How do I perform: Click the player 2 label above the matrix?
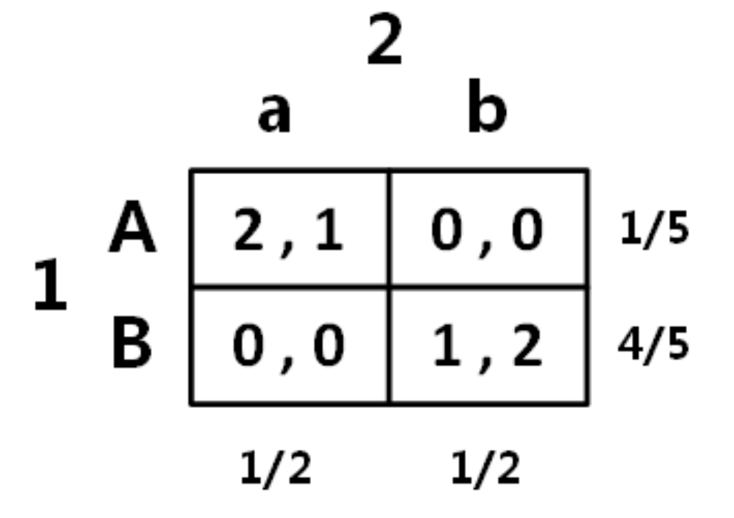[384, 41]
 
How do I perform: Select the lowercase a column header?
[274, 114]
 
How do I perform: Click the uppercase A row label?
[132, 230]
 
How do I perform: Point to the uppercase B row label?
[132, 344]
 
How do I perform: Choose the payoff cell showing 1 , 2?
[488, 346]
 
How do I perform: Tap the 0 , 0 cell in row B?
[289, 346]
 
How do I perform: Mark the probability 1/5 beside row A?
[654, 230]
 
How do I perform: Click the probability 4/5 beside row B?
[654, 345]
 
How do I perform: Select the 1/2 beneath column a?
[276, 469]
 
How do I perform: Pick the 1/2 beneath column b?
[486, 469]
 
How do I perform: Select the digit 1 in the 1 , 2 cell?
[445, 346]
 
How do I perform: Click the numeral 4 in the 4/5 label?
[631, 345]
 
